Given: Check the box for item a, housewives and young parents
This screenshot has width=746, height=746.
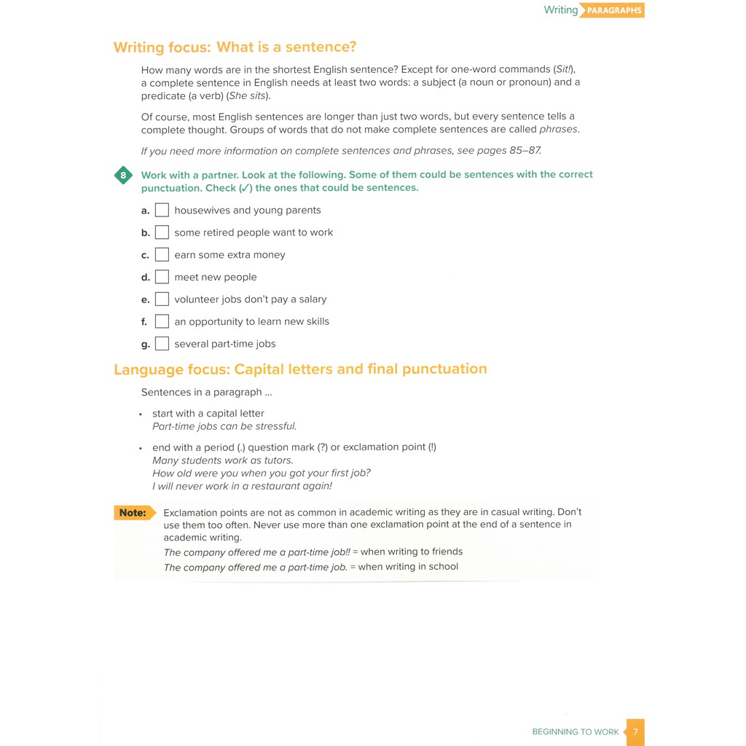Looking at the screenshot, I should point(162,210).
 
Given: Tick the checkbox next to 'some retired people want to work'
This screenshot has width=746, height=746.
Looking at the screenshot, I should point(162,232).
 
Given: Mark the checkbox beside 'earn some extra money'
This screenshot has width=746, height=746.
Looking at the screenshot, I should point(162,255).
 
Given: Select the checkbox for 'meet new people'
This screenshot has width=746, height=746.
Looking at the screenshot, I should point(162,277).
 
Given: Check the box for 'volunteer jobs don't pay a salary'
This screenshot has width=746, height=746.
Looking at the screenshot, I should point(162,299).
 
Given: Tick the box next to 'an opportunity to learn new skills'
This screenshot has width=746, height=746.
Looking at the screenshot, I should point(162,321).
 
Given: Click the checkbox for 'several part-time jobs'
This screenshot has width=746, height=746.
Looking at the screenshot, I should point(162,344).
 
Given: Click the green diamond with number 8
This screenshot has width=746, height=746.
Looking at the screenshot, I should point(123,176).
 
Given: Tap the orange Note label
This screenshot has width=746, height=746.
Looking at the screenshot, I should point(133,513).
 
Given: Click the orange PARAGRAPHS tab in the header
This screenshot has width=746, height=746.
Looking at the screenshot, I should point(613,11).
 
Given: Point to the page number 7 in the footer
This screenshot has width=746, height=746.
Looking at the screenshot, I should point(635,731).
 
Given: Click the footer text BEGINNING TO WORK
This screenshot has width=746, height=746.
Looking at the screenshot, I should point(575,732).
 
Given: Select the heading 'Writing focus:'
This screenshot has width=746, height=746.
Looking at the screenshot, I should point(162,48).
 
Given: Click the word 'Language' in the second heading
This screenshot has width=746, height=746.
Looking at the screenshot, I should point(145,369).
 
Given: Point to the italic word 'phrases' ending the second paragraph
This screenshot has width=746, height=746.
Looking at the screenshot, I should point(558,130).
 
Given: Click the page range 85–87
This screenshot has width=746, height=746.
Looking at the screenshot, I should point(525,151).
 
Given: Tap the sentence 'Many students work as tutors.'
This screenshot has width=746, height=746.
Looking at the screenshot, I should point(223,460).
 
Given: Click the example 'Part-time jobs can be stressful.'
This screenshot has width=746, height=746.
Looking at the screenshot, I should point(224,427).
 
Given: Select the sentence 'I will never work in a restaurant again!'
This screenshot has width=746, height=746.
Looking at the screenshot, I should point(242,486).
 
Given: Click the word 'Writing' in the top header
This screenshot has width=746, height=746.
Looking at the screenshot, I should point(560,10).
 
